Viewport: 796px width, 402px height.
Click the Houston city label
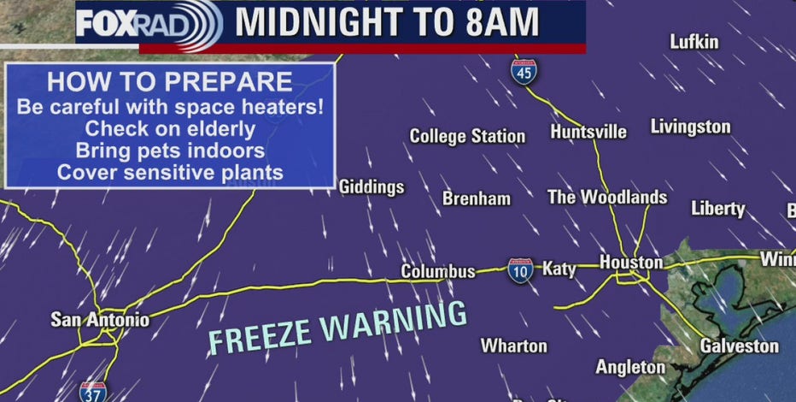coord(630,263)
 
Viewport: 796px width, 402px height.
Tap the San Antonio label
coord(100,320)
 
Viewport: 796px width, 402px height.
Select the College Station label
coord(467,136)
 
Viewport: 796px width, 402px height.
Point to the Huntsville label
coord(588,132)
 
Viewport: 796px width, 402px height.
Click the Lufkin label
coord(694,42)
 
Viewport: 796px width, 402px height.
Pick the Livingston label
coord(690,127)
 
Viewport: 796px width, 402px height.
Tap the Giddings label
coord(372,187)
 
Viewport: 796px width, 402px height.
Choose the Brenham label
coord(477,198)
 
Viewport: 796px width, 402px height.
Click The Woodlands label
coord(607,198)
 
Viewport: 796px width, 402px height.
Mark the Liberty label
coord(717,209)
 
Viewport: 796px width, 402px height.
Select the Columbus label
coord(438,272)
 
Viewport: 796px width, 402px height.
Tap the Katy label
coord(559,269)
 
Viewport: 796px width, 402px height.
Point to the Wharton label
coord(513,346)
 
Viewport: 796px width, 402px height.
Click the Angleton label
coord(630,367)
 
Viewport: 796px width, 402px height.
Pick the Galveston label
coord(740,346)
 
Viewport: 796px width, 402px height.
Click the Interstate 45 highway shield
coord(525,70)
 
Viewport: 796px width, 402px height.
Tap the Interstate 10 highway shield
coord(520,270)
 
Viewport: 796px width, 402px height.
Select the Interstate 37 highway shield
coord(93,392)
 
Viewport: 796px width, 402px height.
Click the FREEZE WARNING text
coord(338,328)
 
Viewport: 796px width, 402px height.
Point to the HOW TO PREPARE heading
coord(169,83)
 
